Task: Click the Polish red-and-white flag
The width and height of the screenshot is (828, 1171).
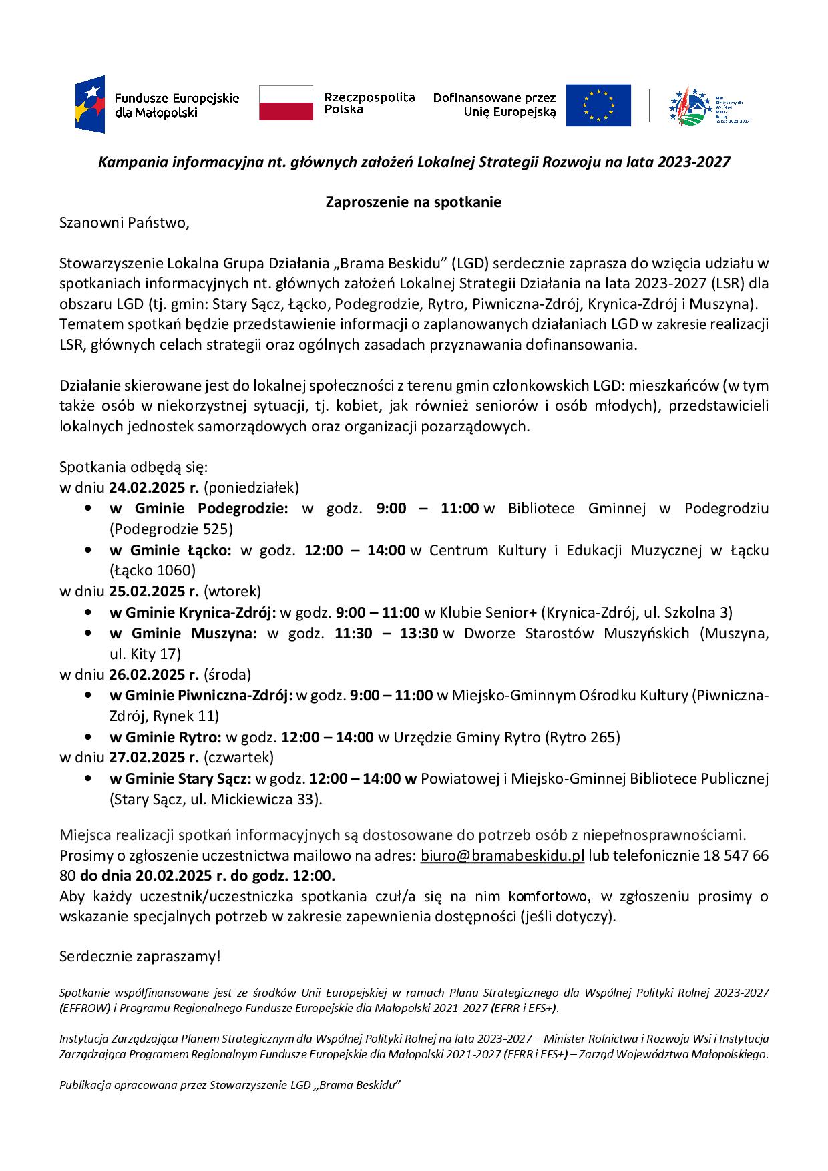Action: [286, 103]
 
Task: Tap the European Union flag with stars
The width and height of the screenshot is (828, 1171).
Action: [598, 105]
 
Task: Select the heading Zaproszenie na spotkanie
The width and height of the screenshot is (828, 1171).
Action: [413, 202]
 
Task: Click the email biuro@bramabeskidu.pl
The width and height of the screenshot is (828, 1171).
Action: [502, 856]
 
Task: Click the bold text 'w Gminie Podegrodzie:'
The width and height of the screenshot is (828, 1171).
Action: [199, 509]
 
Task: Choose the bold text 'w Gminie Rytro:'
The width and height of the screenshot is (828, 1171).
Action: [165, 737]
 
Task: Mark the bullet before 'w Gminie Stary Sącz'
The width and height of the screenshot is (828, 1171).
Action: [88, 779]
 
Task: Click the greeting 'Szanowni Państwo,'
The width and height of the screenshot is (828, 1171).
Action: [125, 223]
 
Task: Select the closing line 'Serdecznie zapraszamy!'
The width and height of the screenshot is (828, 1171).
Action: [140, 956]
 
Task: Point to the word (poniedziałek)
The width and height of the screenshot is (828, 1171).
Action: [251, 487]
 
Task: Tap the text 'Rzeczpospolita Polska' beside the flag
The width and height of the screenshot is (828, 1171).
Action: [369, 103]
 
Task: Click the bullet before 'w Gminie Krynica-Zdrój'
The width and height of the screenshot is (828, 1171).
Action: [88, 612]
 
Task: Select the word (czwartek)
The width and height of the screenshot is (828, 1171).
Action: [238, 757]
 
